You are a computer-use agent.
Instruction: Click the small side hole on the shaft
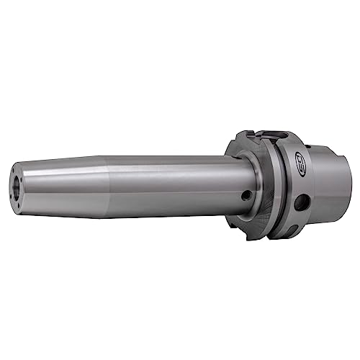(247, 194)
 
